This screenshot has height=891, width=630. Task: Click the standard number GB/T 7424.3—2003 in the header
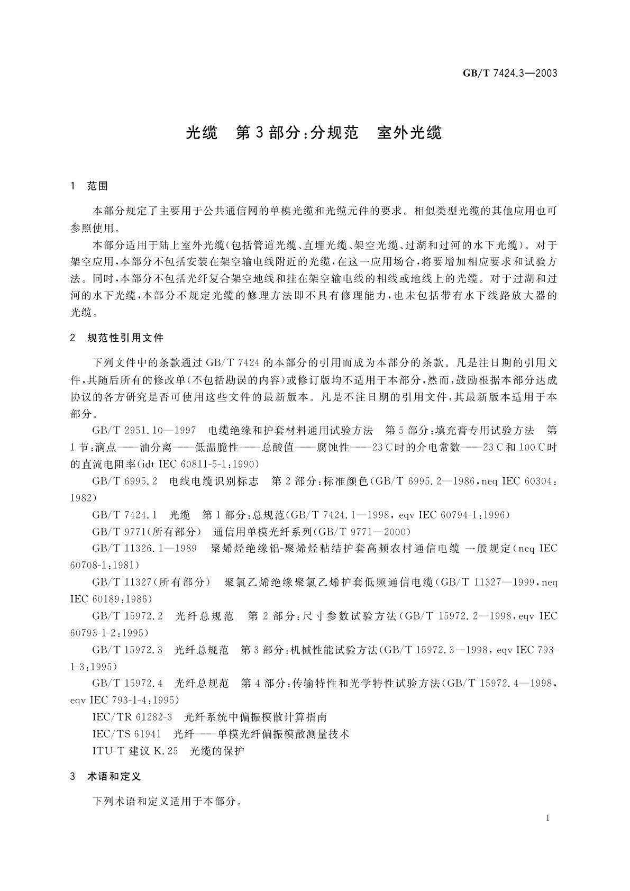510,74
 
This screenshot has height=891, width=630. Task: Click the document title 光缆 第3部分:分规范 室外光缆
314,133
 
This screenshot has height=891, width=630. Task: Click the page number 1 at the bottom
547,818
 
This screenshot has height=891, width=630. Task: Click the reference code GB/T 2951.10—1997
144,430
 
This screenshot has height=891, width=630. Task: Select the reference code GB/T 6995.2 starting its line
124,481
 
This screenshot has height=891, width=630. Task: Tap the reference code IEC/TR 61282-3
132,717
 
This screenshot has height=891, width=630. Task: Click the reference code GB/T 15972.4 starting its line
127,684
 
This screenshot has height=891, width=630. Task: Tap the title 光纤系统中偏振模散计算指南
256,717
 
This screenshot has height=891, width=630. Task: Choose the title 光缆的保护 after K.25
217,751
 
